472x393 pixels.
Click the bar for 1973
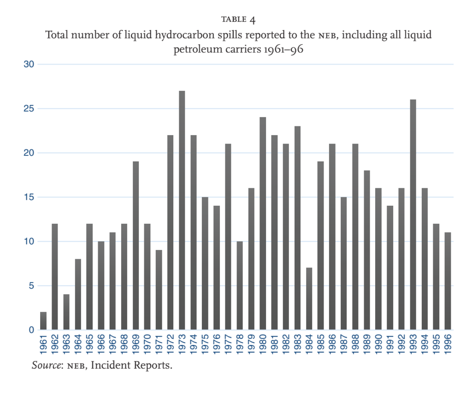(x=182, y=210)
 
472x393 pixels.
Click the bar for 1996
(x=448, y=281)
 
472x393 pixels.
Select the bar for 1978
(x=240, y=286)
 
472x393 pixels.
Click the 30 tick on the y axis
(x=29, y=64)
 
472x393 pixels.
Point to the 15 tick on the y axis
(x=29, y=197)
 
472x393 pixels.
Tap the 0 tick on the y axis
(x=31, y=330)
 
